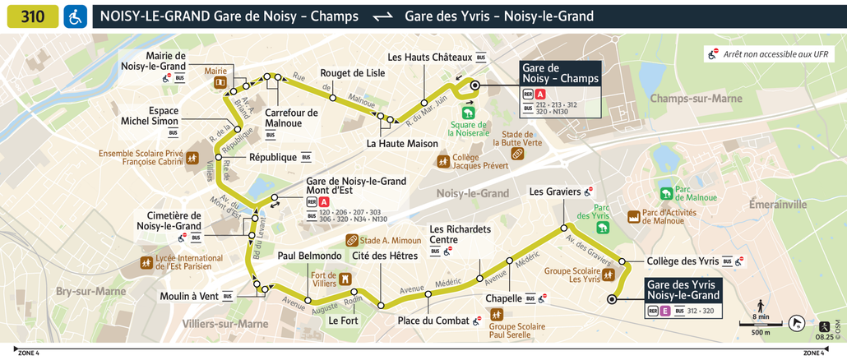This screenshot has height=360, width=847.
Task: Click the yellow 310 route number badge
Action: pos(33,16)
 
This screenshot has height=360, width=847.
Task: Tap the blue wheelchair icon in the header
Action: pos(75,16)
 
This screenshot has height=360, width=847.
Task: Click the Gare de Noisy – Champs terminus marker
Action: pos(474,85)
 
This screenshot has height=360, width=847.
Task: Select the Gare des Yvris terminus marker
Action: pos(611,300)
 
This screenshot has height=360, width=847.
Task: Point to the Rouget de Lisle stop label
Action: pos(352,72)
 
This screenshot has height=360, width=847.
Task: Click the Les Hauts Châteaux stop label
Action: pos(429,58)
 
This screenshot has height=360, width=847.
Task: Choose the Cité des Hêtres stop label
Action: pos(385,256)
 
